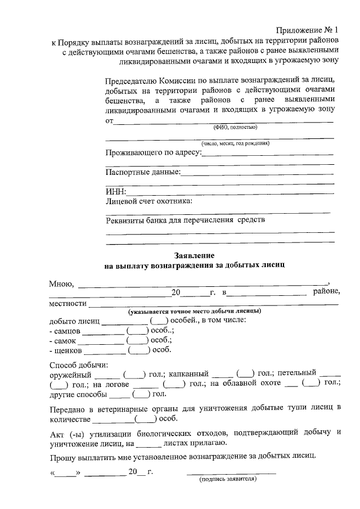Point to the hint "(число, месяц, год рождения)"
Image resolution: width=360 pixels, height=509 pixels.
(x=236, y=143)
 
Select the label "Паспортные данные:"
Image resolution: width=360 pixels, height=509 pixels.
(x=143, y=172)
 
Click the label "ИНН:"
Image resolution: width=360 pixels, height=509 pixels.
(x=116, y=191)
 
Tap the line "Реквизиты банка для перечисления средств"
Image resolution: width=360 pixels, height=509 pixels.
(x=185, y=220)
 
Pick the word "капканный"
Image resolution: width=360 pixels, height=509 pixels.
(x=188, y=373)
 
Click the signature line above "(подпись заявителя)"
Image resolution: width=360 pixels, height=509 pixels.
(x=231, y=474)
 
